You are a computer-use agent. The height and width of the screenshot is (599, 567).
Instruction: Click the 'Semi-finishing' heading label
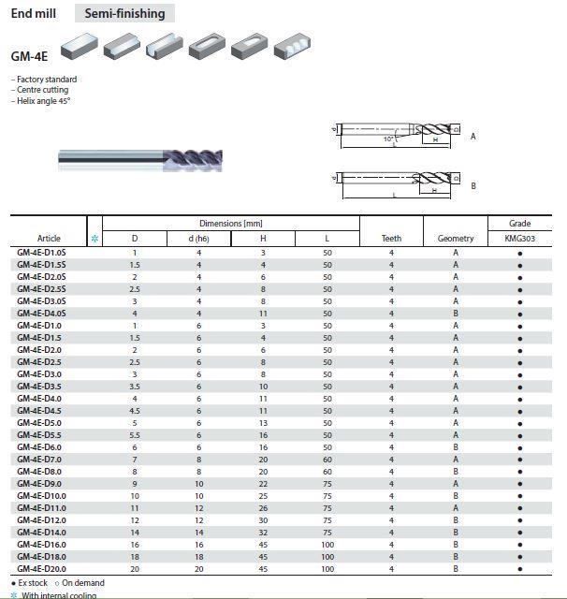pyautogui.click(x=124, y=13)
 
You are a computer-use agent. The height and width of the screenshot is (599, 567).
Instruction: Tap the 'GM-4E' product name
pyautogui.click(x=30, y=55)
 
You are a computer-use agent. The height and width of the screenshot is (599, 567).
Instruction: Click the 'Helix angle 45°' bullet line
pyautogui.click(x=42, y=101)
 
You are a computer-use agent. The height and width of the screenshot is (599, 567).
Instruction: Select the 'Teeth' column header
pyautogui.click(x=391, y=239)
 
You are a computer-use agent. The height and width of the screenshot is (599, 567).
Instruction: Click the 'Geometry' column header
pyautogui.click(x=456, y=239)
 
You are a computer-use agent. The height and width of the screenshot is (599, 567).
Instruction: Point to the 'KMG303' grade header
pyautogui.click(x=519, y=239)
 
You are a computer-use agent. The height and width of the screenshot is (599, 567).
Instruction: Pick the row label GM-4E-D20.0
pyautogui.click(x=41, y=569)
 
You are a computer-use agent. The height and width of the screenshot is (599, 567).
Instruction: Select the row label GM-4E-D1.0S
pyautogui.click(x=41, y=253)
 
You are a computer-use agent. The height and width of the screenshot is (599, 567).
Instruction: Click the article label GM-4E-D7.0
pyautogui.click(x=39, y=460)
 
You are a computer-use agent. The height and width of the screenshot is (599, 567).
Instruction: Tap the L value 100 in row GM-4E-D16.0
pyautogui.click(x=327, y=545)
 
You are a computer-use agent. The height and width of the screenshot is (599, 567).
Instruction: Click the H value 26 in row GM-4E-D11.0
pyautogui.click(x=263, y=508)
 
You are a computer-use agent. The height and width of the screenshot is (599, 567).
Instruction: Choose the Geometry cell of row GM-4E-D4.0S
pyautogui.click(x=456, y=314)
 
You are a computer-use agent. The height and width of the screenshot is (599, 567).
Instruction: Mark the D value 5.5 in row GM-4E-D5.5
pyautogui.click(x=135, y=435)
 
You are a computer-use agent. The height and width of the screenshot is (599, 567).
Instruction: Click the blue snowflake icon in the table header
pyautogui.click(x=94, y=239)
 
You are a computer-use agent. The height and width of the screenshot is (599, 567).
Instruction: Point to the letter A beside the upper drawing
pyautogui.click(x=473, y=137)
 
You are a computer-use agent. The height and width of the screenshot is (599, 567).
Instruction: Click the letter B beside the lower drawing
pyautogui.click(x=473, y=186)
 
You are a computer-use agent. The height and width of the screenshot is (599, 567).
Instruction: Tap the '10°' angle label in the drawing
pyautogui.click(x=388, y=139)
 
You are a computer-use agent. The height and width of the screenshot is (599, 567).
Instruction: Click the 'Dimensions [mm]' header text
pyautogui.click(x=230, y=224)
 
